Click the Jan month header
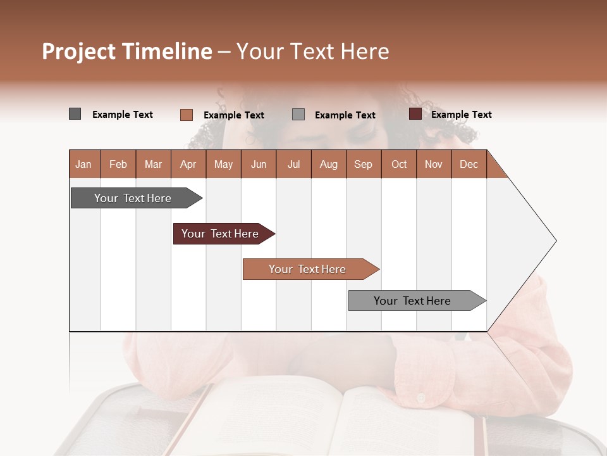(83, 165)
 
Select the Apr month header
(188, 165)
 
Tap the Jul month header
(293, 165)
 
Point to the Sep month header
(363, 165)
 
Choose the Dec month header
(469, 165)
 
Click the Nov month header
(433, 165)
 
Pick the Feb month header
(118, 165)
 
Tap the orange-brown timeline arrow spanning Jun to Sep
(308, 269)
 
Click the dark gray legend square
(75, 114)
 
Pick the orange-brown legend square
(186, 115)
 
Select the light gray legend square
(298, 114)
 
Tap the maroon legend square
(415, 114)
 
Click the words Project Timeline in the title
(126, 51)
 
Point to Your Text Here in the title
(312, 51)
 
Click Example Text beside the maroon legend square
(461, 115)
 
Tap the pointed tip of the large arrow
(555, 241)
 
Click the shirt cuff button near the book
(421, 398)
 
